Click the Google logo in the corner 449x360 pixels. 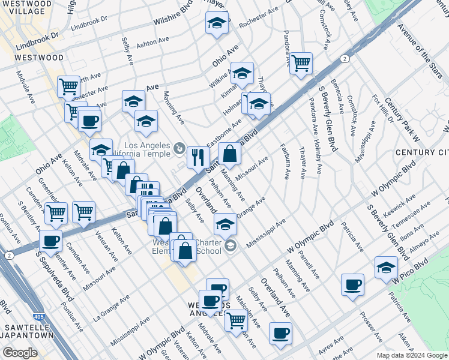click(20, 353)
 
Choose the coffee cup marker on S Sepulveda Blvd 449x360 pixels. click(50, 241)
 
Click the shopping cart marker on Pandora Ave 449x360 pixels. click(301, 62)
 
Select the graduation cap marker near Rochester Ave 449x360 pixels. click(216, 24)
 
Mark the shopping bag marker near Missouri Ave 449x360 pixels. click(229, 154)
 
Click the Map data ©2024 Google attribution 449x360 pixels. click(411, 355)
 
